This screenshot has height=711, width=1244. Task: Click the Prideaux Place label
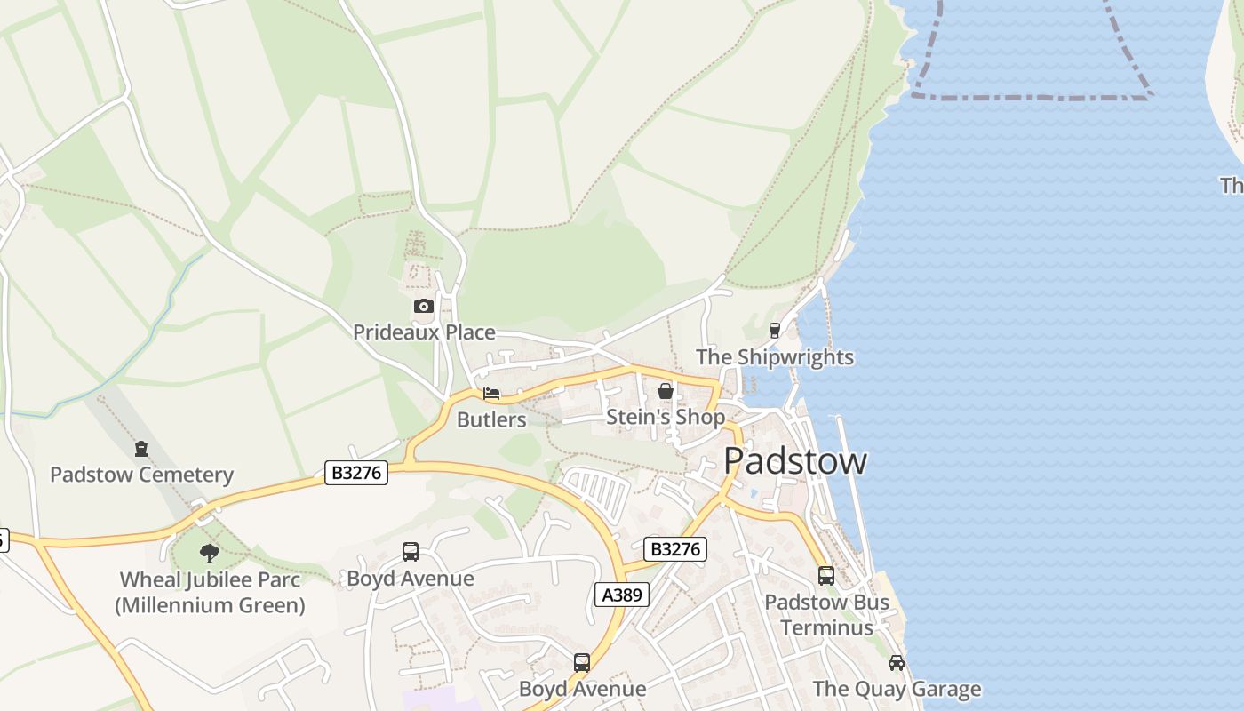pyautogui.click(x=424, y=332)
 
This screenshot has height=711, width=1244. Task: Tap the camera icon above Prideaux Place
pyautogui.click(x=424, y=307)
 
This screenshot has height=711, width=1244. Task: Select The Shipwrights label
pyautogui.click(x=774, y=357)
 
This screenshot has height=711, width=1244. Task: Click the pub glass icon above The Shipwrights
pyautogui.click(x=775, y=331)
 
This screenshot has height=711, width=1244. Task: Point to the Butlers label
pyautogui.click(x=491, y=419)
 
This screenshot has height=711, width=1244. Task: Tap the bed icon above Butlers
pyautogui.click(x=491, y=394)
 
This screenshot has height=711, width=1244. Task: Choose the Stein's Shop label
pyautogui.click(x=665, y=417)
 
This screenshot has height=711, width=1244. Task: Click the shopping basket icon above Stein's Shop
pyautogui.click(x=665, y=391)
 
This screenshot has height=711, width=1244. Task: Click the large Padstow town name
pyautogui.click(x=794, y=461)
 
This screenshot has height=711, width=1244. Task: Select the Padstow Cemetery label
pyautogui.click(x=141, y=475)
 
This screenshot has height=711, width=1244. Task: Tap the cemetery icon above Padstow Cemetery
pyautogui.click(x=141, y=449)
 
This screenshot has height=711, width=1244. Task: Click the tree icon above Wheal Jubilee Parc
pyautogui.click(x=210, y=554)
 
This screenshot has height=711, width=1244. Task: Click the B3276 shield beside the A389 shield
pyautogui.click(x=675, y=549)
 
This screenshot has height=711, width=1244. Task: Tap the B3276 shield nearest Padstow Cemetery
pyautogui.click(x=356, y=473)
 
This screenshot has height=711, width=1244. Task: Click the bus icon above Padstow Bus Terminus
pyautogui.click(x=826, y=576)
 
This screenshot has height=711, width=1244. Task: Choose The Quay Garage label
pyautogui.click(x=897, y=689)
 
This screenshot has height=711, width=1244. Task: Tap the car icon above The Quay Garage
pyautogui.click(x=897, y=663)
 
